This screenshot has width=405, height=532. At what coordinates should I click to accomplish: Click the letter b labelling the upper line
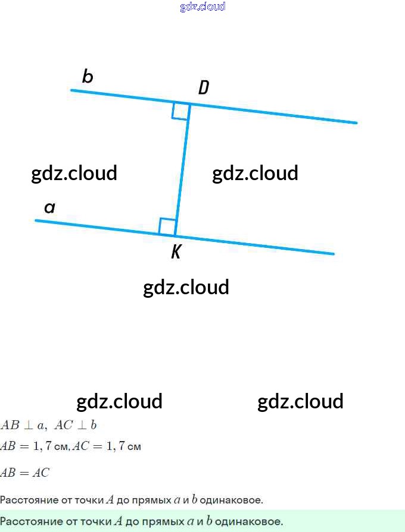pyautogui.click(x=88, y=77)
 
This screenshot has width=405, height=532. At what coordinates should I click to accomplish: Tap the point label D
pyautogui.click(x=204, y=88)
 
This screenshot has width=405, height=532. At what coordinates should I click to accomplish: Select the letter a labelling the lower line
pyautogui.click(x=50, y=207)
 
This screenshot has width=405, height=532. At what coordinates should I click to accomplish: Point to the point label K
pyautogui.click(x=176, y=253)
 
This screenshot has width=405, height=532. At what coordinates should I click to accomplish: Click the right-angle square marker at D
pyautogui.click(x=180, y=111)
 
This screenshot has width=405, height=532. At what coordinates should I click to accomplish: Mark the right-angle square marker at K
pyautogui.click(x=168, y=226)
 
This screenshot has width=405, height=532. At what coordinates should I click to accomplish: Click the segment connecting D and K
pyautogui.click(x=183, y=169)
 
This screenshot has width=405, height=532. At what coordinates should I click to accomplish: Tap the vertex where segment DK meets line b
pyautogui.click(x=190, y=104)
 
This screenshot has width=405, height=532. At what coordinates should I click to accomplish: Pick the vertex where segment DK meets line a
pyautogui.click(x=176, y=235)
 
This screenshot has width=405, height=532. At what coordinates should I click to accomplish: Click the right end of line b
pyautogui.click(x=356, y=122)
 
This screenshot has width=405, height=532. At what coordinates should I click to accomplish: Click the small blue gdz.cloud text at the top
pyautogui.click(x=202, y=7)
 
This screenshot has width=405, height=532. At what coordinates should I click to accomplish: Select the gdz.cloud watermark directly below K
pyautogui.click(x=186, y=287)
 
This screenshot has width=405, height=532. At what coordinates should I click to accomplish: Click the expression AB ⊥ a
pyautogui.click(x=23, y=425)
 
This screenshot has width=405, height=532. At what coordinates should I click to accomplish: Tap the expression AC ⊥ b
pyautogui.click(x=76, y=425)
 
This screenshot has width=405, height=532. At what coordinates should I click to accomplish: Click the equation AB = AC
pyautogui.click(x=25, y=473)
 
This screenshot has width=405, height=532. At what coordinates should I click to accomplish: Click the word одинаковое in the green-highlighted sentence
pyautogui.click(x=249, y=522)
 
